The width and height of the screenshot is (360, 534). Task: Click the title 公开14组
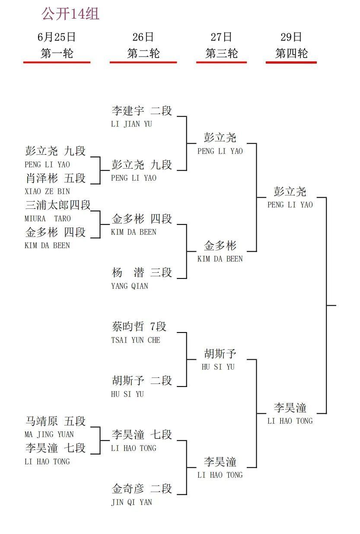[x=70, y=14]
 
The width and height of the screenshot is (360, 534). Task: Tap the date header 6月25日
[x=57, y=37]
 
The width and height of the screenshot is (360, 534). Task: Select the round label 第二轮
[x=143, y=53]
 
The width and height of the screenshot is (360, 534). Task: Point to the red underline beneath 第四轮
[x=291, y=62]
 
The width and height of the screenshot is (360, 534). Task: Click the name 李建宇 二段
[x=142, y=111]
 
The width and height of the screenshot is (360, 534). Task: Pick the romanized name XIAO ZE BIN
[x=47, y=192]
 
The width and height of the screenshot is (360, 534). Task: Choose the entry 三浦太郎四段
[x=58, y=205]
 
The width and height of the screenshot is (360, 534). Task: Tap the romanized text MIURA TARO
[x=48, y=219]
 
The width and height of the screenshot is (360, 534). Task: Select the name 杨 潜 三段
[x=142, y=273]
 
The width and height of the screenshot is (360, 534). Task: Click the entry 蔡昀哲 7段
[x=139, y=327]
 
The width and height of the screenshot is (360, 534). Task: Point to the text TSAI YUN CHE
[x=136, y=340]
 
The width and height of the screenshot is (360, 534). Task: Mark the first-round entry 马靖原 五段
[x=55, y=421]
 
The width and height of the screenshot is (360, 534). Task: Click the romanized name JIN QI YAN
[x=131, y=502]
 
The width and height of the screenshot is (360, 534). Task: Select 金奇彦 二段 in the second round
[x=142, y=489]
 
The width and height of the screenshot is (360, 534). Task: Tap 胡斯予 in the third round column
[x=220, y=354]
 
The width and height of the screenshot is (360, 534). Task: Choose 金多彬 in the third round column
[x=220, y=246]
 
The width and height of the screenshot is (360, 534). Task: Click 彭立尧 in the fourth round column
[x=290, y=192]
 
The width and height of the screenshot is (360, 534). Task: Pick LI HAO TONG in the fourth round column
[x=290, y=421]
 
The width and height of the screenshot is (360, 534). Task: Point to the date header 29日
[x=291, y=37]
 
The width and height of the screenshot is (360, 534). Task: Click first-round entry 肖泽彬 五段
[x=55, y=178]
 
